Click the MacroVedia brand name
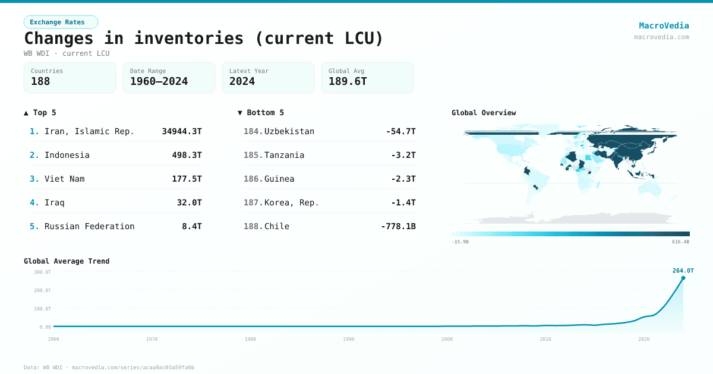pos(664,26)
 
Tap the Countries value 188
pos(40,81)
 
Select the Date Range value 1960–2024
pos(159,81)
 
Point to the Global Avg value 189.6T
pos(348,81)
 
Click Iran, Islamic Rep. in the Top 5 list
pos(89,131)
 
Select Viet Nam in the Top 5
pos(64,179)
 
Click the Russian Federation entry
pos(89,226)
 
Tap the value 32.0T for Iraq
pos(189,202)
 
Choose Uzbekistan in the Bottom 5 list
pos(289,131)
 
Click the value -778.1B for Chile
pos(398,226)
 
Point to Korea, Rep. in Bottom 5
pos(291,202)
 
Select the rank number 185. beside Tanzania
pos(253,155)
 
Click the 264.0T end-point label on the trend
pos(683,271)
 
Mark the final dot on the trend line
pos(683,278)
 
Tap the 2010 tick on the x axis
pos(545,339)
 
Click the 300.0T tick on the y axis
pos(42,272)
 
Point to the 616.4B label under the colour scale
pos(681,242)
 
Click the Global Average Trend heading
pos(67,261)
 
